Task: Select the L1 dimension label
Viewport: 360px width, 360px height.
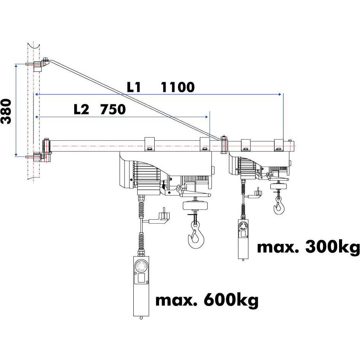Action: (x=134, y=87)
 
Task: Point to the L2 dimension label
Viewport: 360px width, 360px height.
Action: (x=81, y=109)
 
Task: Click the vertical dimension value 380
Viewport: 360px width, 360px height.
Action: (x=7, y=111)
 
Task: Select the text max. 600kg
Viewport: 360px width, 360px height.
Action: (x=207, y=300)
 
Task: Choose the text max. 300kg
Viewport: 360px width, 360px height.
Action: (x=308, y=247)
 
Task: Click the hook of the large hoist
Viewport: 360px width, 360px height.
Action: (x=195, y=237)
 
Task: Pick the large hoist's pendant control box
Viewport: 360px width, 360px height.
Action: (x=141, y=285)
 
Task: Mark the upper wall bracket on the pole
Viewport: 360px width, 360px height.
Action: (x=39, y=65)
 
